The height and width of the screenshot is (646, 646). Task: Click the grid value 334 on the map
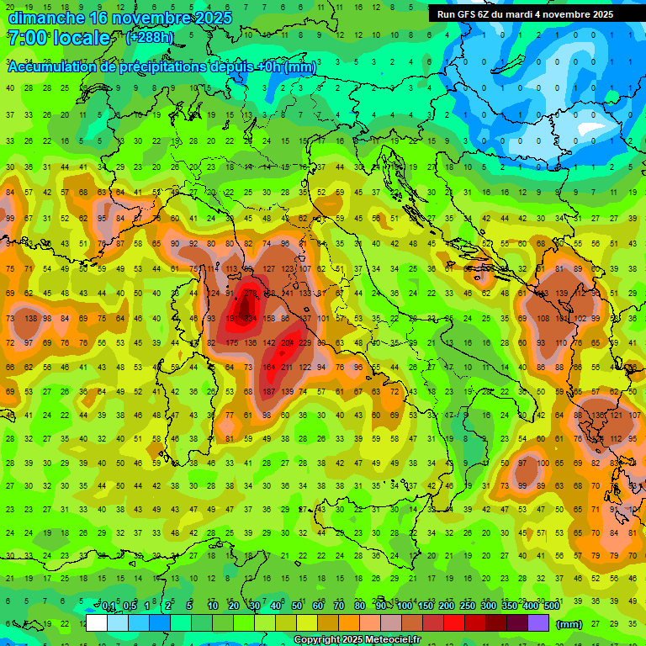(250, 319)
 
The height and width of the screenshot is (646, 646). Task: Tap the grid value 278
(250, 294)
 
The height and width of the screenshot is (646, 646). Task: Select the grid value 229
(305, 343)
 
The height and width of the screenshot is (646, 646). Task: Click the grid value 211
(287, 368)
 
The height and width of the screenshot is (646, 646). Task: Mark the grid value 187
(268, 392)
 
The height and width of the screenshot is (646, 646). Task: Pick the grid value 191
(231, 319)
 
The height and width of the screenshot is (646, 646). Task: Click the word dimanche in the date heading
(45, 18)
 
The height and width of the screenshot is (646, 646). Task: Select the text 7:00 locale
(59, 38)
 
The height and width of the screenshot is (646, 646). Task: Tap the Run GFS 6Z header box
(525, 14)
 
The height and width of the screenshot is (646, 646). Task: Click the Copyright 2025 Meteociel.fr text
(357, 640)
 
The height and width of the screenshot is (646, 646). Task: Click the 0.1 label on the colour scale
(109, 606)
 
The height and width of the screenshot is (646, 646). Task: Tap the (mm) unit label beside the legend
(569, 623)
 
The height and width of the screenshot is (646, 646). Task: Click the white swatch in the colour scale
(97, 623)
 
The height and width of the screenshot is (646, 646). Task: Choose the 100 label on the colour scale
(404, 606)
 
